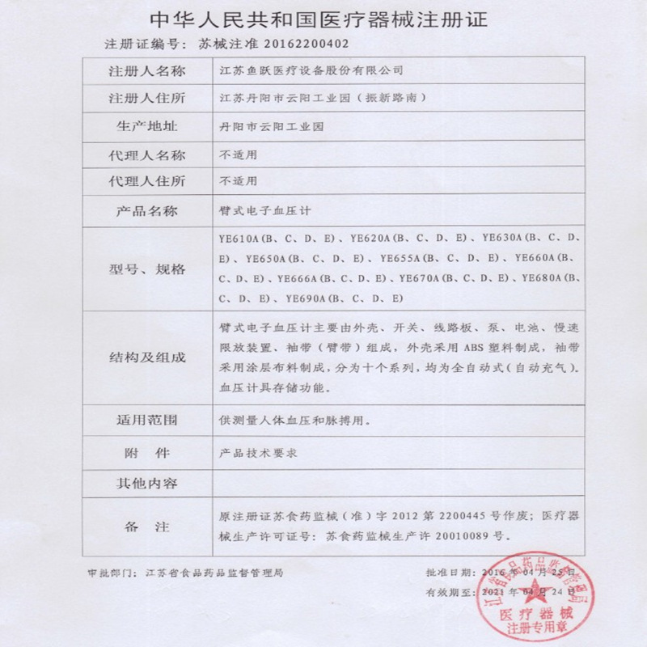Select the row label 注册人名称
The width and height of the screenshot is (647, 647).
tap(146, 71)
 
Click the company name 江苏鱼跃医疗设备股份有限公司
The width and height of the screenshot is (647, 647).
tap(311, 71)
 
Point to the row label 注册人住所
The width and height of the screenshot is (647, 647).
tap(146, 99)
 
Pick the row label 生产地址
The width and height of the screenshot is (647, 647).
tap(146, 127)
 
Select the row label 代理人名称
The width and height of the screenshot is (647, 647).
tap(146, 155)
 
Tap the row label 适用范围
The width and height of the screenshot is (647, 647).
tap(146, 421)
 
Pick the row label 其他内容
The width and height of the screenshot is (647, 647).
tap(146, 484)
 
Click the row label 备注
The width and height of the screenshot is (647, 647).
tap(146, 526)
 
